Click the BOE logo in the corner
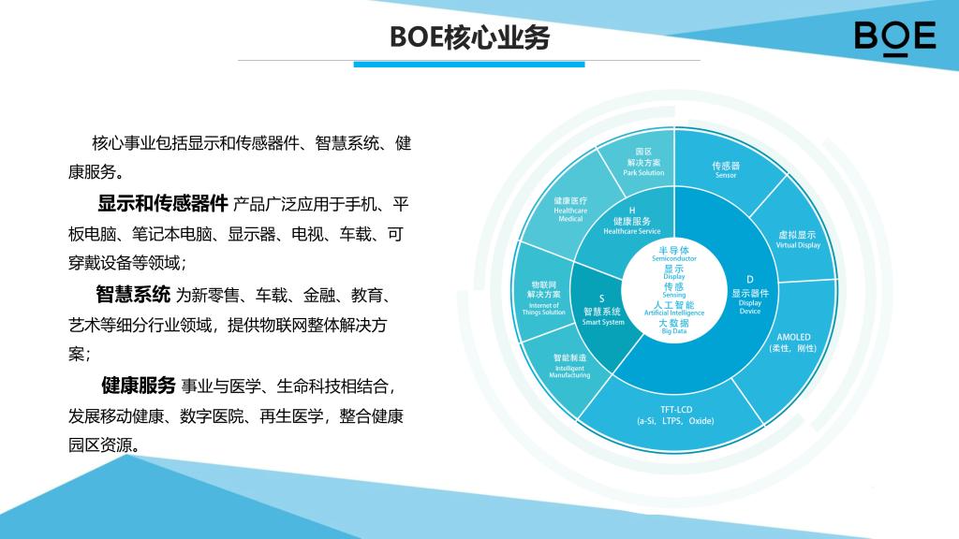tap(894, 37)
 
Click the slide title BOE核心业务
tap(470, 37)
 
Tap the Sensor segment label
tap(726, 170)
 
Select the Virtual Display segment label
tap(798, 240)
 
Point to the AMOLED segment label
tap(793, 342)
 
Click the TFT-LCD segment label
tap(676, 415)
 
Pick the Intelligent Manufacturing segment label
tap(569, 366)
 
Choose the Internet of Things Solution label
tap(543, 299)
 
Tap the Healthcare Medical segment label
tap(570, 209)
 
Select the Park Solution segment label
tap(643, 162)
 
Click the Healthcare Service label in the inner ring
tap(632, 221)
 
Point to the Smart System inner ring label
tap(602, 311)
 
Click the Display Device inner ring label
tap(750, 295)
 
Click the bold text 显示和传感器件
tap(163, 203)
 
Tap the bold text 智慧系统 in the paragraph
tap(133, 295)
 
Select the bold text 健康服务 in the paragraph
tap(139, 386)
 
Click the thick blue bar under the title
tap(469, 65)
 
